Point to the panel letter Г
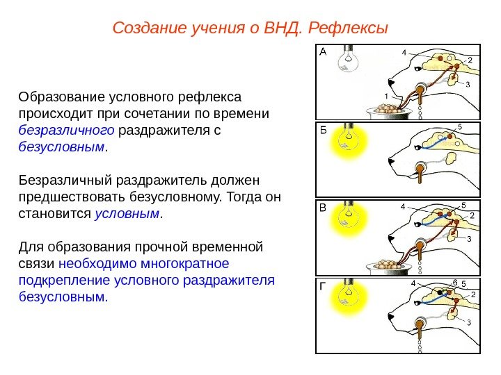[x=322, y=285]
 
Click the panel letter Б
[x=322, y=129]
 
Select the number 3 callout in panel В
[x=468, y=239]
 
